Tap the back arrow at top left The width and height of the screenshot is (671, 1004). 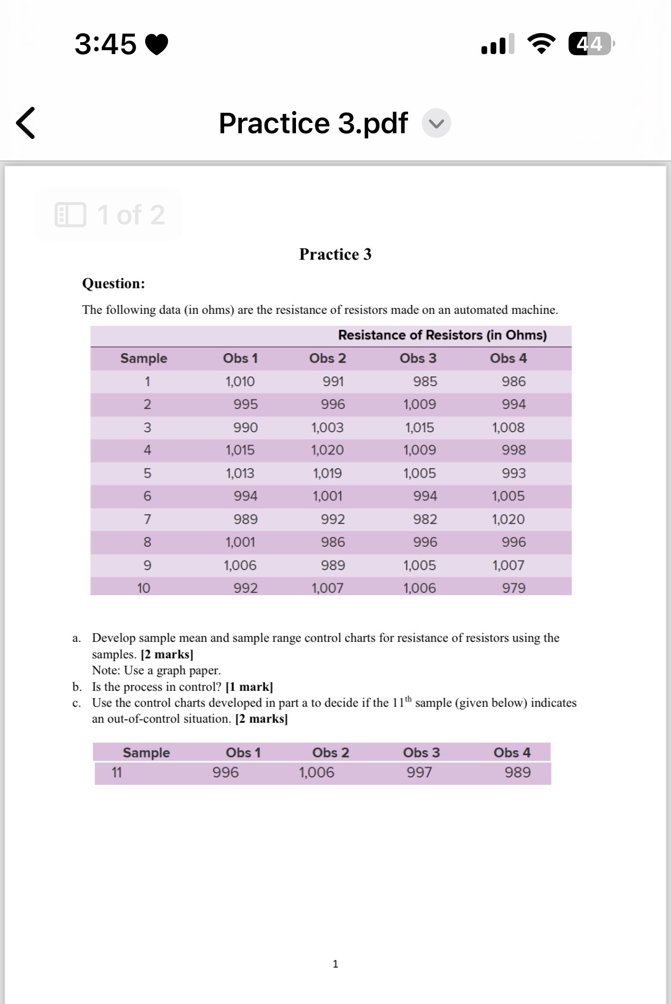point(26,122)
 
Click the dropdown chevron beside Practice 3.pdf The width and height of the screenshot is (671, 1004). point(437,124)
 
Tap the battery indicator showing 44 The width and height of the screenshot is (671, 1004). point(590,44)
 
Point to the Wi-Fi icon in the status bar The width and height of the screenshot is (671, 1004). point(542,44)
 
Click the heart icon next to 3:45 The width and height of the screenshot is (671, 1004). point(157,44)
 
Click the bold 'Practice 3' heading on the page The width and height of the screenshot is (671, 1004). point(335,254)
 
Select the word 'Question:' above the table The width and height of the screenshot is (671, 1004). point(113,283)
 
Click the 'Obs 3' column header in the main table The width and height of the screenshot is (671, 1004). point(418,358)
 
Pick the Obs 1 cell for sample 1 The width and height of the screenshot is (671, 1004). point(240,382)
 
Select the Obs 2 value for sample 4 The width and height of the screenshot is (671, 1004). point(327,450)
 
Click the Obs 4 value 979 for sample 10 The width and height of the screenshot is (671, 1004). point(513,588)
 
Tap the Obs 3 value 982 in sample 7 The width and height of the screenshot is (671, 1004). point(425,519)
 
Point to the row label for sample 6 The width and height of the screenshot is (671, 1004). point(147,496)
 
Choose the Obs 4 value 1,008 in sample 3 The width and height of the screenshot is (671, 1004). point(508,427)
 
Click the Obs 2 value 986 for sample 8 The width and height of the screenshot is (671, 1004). point(332,542)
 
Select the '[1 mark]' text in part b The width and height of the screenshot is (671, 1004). point(249,687)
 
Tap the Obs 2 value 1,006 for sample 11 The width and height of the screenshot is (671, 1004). point(316,772)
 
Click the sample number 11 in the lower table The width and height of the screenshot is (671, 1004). point(117,772)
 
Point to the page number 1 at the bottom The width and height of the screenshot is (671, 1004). point(335,964)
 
